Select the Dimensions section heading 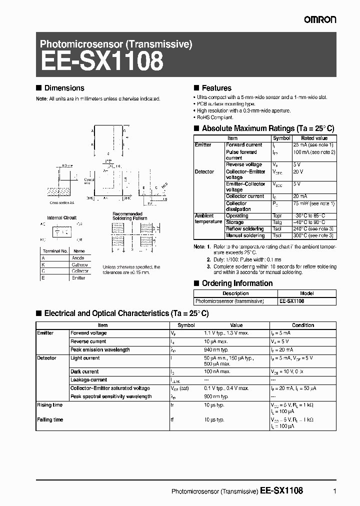[64, 88]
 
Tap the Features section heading [216, 88]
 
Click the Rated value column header [314, 138]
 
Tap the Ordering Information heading [237, 283]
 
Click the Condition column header [303, 325]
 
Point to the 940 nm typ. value [216, 349]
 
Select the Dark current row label [84, 371]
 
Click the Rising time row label [50, 405]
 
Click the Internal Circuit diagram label [61, 218]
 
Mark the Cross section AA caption [61, 203]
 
